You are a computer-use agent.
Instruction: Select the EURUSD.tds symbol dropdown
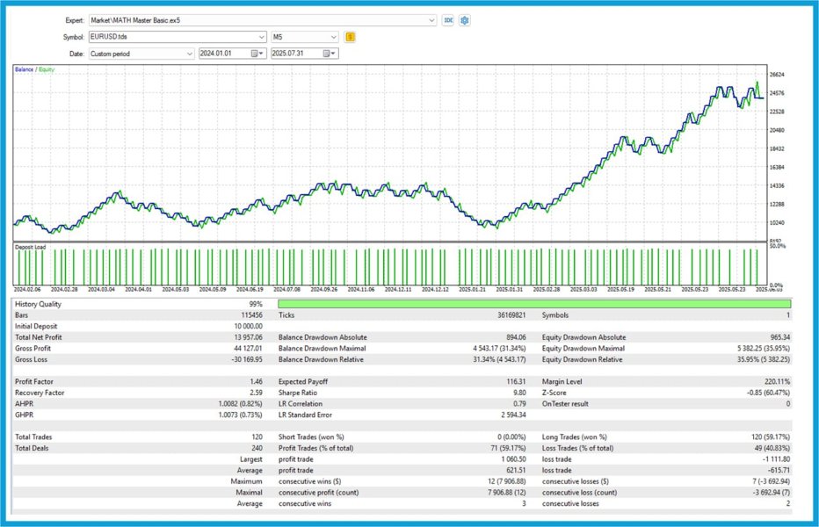176,37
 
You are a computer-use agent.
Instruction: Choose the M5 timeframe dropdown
303,37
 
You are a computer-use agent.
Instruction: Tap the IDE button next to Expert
447,20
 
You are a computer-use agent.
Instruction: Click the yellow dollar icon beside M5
351,37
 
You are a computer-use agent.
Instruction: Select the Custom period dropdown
141,54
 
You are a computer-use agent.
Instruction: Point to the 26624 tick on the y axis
776,76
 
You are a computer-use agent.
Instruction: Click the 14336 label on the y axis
776,186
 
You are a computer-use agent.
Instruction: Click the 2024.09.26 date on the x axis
323,289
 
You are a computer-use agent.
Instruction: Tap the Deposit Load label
30,248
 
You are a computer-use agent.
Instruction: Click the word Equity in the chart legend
45,69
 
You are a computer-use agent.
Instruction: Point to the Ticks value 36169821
510,314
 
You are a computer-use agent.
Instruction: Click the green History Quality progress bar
534,304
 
